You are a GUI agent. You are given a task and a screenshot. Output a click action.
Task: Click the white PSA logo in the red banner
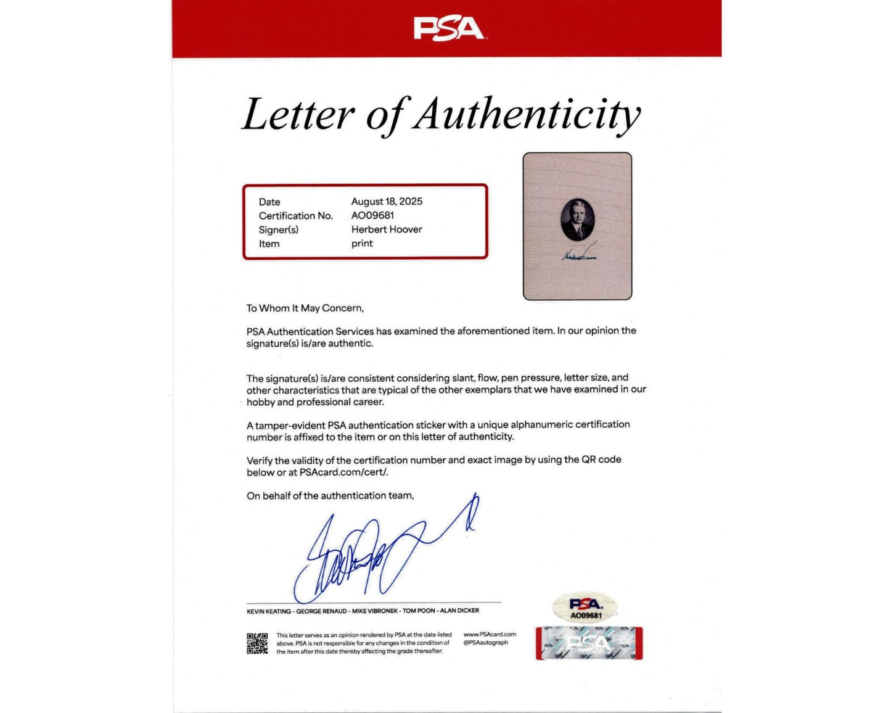[448, 29]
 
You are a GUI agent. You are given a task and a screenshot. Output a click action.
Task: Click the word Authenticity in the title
[527, 115]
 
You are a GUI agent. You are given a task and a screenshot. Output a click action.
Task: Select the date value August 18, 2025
[387, 202]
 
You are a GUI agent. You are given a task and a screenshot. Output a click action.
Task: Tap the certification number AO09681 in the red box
[372, 215]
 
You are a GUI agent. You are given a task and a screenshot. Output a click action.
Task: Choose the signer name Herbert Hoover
[387, 229]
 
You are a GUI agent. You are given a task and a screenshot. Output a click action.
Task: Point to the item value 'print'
[362, 244]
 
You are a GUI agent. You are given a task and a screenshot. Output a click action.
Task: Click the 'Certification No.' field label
[295, 216]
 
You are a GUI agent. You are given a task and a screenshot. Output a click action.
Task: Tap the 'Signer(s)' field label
[278, 230]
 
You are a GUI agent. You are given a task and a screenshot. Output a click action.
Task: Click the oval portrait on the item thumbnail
[578, 220]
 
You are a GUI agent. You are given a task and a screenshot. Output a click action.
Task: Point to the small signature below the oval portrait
[578, 253]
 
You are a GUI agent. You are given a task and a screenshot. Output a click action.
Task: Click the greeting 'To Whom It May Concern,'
[305, 308]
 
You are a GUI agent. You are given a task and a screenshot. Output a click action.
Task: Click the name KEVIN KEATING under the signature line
[269, 611]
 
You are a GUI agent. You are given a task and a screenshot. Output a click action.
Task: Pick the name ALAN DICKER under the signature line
[459, 611]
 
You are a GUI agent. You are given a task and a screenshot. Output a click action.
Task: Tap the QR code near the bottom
[257, 643]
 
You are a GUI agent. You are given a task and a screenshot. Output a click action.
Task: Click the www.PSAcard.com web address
[490, 634]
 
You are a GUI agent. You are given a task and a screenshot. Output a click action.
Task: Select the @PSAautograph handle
[486, 643]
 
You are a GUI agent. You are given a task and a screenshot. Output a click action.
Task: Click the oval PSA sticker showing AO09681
[586, 607]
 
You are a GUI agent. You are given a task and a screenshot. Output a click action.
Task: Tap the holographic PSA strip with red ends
[589, 643]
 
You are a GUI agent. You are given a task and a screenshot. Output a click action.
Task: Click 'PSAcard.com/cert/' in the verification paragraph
[343, 472]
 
